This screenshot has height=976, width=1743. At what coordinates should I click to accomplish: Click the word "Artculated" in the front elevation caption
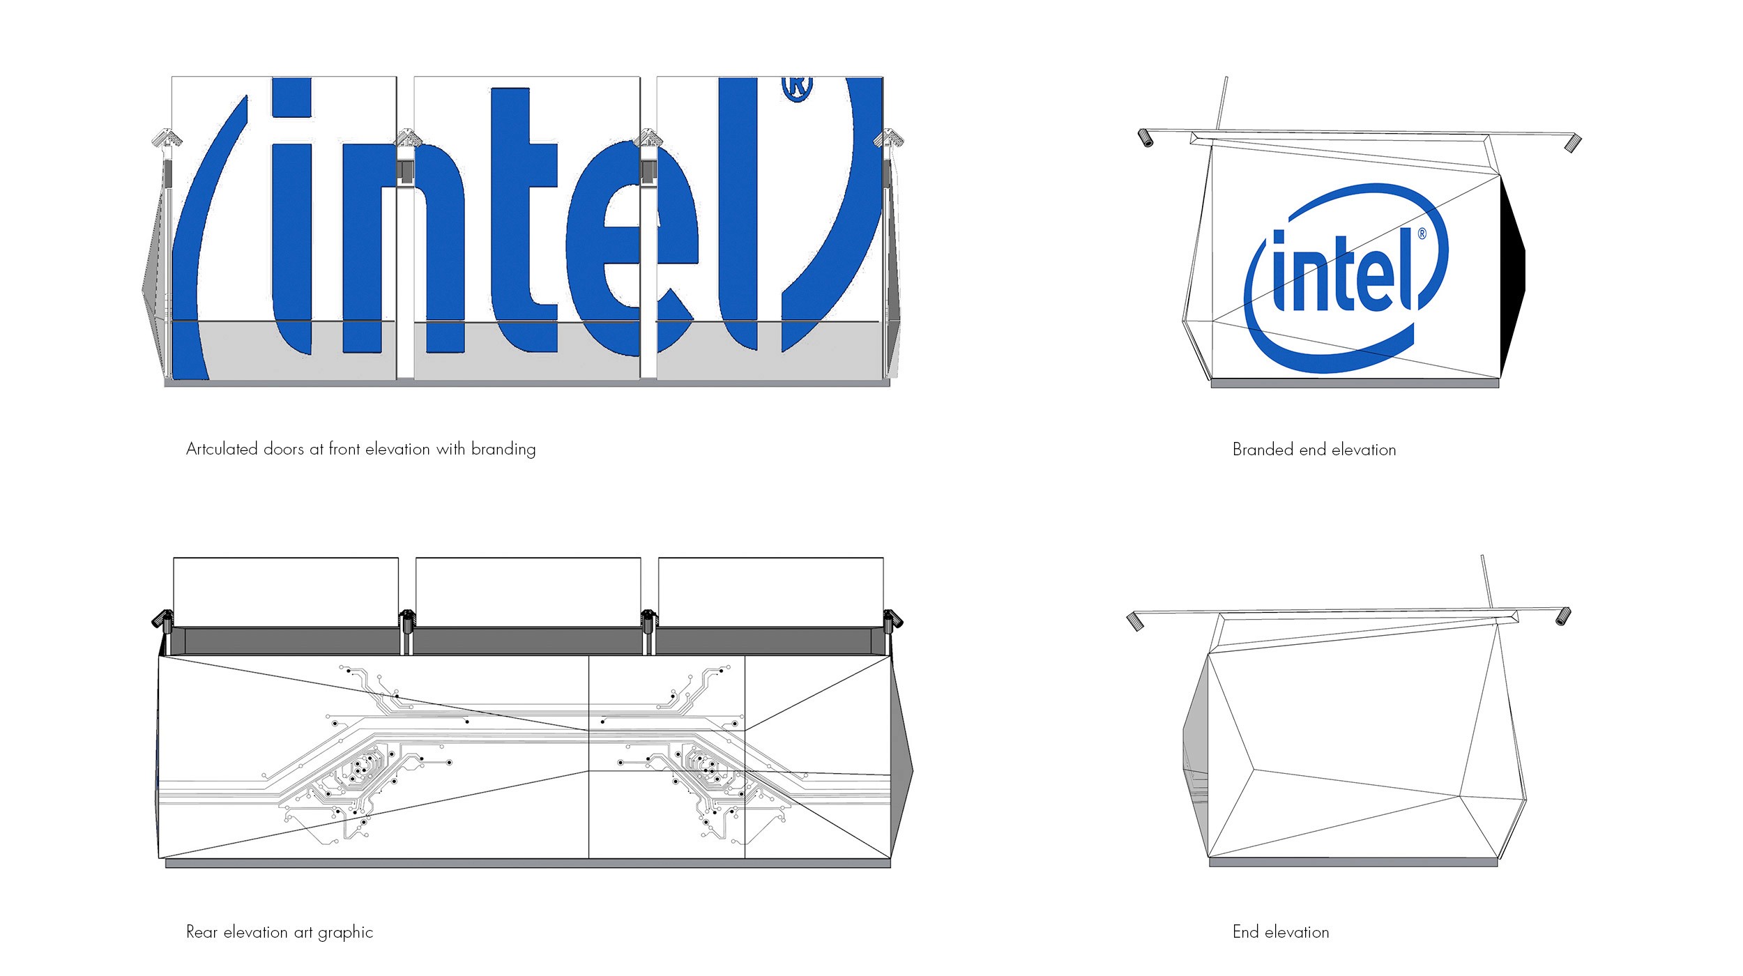click(x=222, y=449)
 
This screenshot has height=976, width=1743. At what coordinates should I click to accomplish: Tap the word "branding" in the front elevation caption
click(x=503, y=450)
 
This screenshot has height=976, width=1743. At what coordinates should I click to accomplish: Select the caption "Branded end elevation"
click(x=1314, y=450)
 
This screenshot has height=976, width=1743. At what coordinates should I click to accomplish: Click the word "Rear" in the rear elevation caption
click(x=202, y=932)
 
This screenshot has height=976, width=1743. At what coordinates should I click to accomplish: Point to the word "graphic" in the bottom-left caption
click(x=345, y=933)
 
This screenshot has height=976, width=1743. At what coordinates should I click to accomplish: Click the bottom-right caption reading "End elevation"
click(x=1281, y=932)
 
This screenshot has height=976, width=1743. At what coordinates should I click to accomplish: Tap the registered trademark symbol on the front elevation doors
click(x=798, y=89)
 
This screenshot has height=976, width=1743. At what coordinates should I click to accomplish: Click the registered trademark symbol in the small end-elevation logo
click(x=1422, y=234)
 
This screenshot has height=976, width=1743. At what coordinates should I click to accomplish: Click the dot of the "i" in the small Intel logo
click(x=1279, y=238)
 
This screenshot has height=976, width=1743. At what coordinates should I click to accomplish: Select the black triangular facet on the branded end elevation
click(x=1512, y=272)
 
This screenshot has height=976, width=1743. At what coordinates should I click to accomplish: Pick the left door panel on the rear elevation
click(x=286, y=592)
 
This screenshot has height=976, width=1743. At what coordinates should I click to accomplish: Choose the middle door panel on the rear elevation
click(x=528, y=592)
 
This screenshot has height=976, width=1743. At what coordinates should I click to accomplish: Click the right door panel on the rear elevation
click(x=771, y=592)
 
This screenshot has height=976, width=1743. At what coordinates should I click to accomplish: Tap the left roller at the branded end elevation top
click(x=1145, y=138)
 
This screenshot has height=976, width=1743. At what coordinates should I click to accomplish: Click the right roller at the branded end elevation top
click(x=1573, y=144)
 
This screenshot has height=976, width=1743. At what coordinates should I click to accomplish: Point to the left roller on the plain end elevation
click(x=1136, y=621)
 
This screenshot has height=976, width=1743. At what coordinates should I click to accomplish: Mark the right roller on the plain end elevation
click(x=1563, y=616)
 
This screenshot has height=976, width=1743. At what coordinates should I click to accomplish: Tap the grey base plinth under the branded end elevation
click(x=1355, y=383)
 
